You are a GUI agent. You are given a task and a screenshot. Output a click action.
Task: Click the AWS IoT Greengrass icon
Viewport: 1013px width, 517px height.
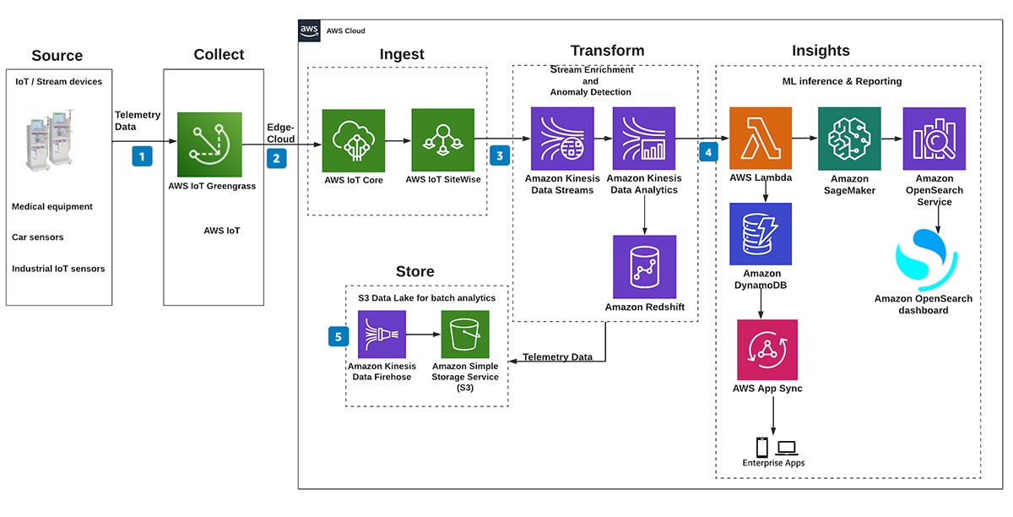[x=209, y=144]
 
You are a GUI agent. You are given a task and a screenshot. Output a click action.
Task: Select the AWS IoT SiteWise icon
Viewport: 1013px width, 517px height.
[x=442, y=140]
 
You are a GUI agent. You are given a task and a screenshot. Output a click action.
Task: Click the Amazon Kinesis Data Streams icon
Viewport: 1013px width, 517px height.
[x=561, y=139]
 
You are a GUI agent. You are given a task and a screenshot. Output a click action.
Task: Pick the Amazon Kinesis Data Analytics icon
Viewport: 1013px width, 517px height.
[x=644, y=139]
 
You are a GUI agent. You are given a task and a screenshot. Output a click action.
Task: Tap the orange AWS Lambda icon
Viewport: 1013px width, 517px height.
[x=761, y=139]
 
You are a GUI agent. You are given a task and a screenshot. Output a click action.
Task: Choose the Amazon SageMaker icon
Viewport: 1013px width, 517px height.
[x=848, y=139]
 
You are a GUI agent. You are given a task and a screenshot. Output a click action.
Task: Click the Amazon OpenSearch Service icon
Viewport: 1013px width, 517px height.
[x=934, y=139]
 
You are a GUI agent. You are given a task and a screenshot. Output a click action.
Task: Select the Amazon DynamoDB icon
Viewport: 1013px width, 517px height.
[x=761, y=234]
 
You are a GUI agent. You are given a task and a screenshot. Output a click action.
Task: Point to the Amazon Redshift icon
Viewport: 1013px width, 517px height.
[x=644, y=266]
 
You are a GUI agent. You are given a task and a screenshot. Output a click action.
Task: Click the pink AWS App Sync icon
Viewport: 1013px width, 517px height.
[x=767, y=349]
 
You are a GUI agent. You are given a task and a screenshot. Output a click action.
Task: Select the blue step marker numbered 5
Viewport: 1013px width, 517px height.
[x=338, y=336]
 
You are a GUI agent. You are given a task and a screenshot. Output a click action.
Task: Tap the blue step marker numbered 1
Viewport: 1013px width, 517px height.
[x=143, y=155]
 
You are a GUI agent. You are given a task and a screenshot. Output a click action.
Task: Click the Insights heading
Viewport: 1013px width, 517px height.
[x=821, y=52]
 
